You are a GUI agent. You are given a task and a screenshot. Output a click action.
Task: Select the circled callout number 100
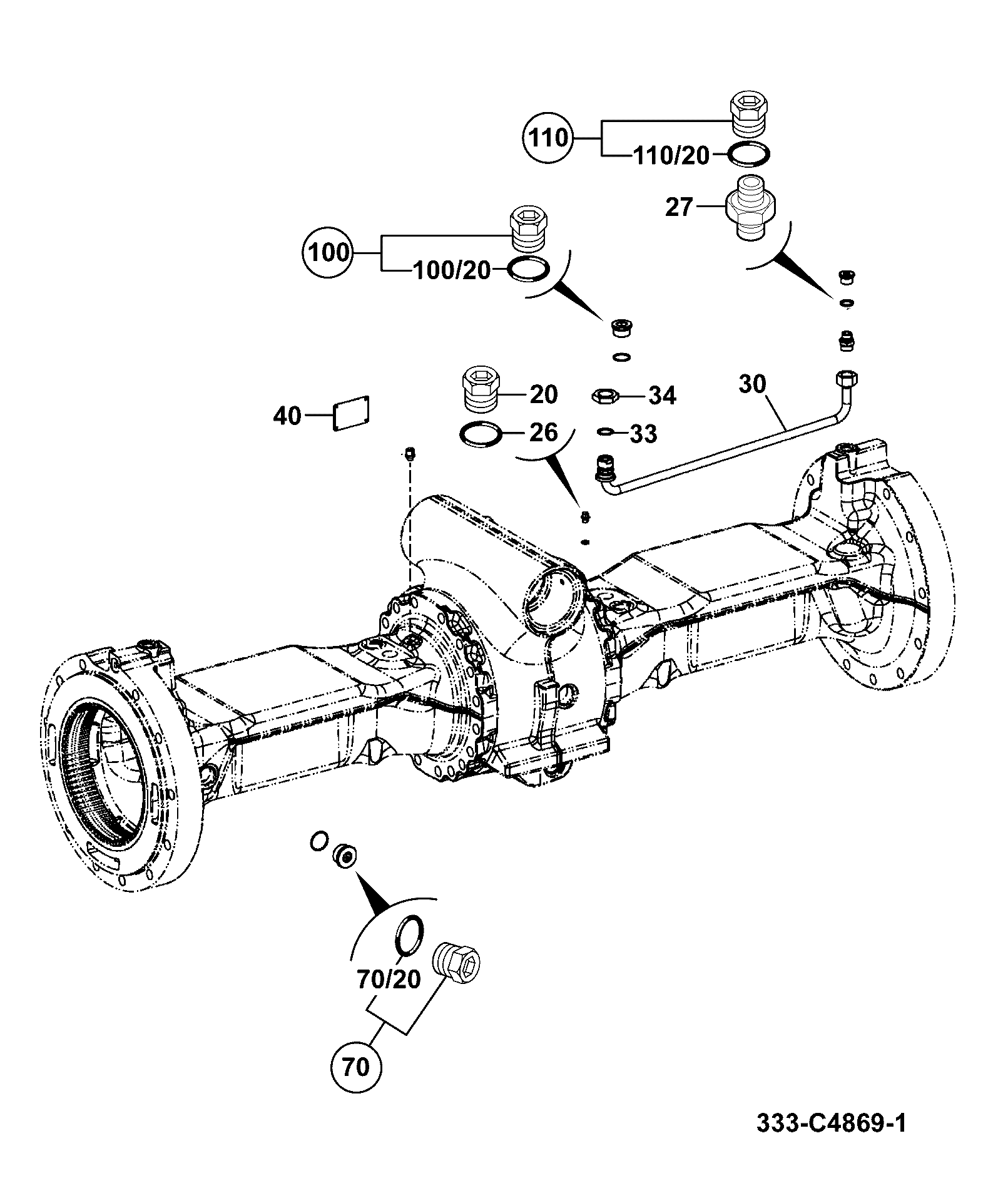tap(328, 252)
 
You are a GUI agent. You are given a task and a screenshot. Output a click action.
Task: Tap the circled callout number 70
tap(356, 1065)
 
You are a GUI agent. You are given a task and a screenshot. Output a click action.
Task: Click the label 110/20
tap(672, 156)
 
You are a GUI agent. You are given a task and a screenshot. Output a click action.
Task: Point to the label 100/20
tap(452, 271)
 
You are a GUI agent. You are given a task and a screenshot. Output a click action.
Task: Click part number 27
tap(680, 207)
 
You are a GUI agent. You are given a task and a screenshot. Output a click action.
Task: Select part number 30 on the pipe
tap(752, 384)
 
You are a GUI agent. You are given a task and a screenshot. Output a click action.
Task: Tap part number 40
tap(287, 415)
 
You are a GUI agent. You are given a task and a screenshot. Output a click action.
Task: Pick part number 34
tap(662, 396)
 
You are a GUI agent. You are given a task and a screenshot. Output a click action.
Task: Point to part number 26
tap(543, 432)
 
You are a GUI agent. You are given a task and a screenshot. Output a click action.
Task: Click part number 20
tap(543, 394)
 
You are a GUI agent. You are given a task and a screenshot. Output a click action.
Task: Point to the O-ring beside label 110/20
tap(750, 154)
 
